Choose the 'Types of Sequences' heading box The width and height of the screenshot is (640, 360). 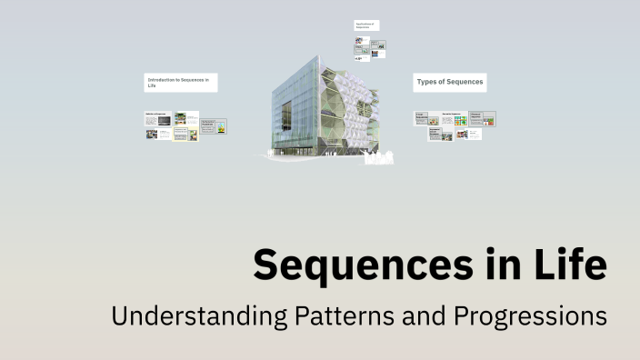tap(449, 83)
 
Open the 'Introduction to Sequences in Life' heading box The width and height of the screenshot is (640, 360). tap(181, 83)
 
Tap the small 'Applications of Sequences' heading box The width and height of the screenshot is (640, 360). tap(366, 25)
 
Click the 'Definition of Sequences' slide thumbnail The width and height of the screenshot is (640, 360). tap(158, 118)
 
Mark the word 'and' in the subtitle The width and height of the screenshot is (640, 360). tap(431, 316)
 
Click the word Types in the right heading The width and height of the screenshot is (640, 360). tap(427, 83)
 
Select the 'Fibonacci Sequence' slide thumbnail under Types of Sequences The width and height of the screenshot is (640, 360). tap(483, 118)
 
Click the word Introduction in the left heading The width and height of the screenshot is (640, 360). tap(165, 80)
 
